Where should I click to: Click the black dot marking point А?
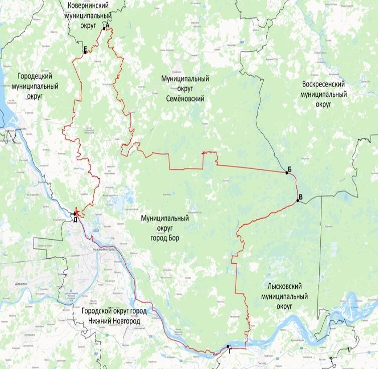click(104, 29)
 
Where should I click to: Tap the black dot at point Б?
click(287, 172)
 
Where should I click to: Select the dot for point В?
click(298, 201)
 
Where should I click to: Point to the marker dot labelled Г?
click(228, 346)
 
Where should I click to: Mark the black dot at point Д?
click(75, 214)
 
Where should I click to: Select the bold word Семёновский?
click(185, 99)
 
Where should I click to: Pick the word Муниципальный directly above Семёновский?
click(185, 80)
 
